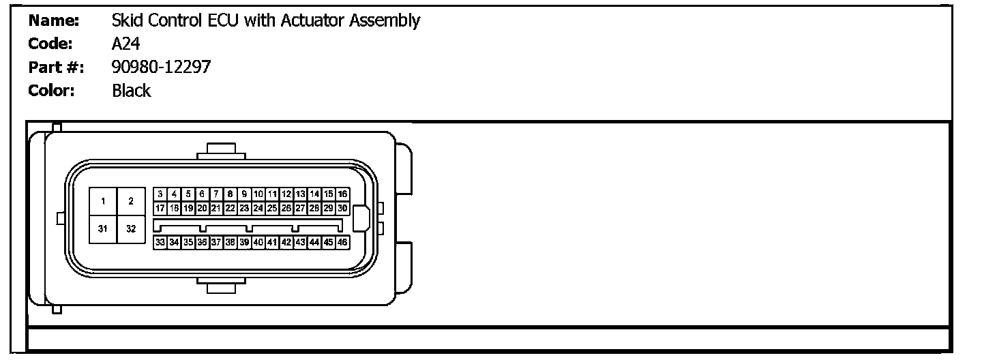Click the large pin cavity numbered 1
[103, 201]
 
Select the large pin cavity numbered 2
[131, 201]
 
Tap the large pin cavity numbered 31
[103, 229]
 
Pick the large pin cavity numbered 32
[131, 229]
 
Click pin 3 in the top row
[160, 194]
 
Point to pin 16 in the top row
[343, 194]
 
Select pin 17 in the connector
[160, 208]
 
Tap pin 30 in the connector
[343, 208]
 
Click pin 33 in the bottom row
[160, 242]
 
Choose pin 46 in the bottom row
[343, 242]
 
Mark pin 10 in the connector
[258, 194]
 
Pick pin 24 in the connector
[258, 208]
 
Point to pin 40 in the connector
[258, 242]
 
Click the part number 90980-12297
[162, 67]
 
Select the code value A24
[126, 44]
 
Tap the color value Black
[132, 91]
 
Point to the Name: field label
[54, 20]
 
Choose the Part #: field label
[56, 67]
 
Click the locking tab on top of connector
[222, 150]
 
